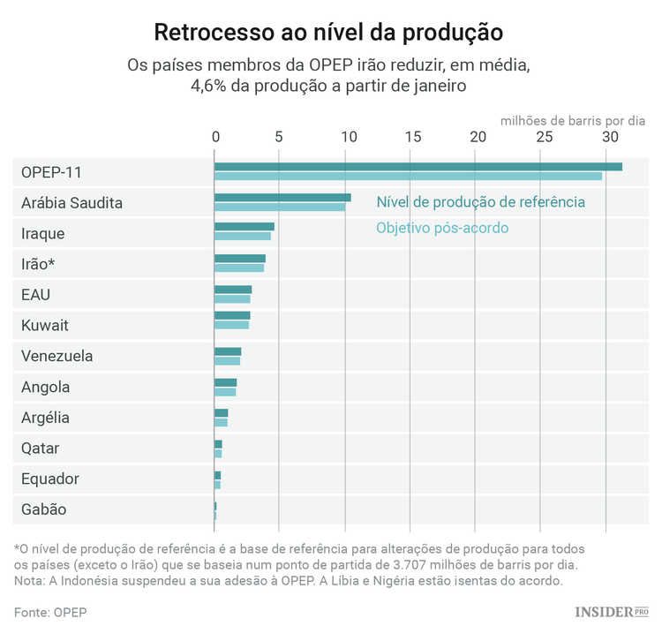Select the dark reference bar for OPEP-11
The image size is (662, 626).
(x=418, y=167)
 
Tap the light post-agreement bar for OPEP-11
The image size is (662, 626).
(x=408, y=177)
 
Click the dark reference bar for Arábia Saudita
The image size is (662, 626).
(x=282, y=198)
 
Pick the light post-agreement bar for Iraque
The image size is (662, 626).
(x=243, y=237)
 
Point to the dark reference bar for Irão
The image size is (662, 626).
(x=240, y=259)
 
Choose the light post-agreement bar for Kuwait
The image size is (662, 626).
(x=231, y=325)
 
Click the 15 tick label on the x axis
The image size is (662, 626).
(x=412, y=137)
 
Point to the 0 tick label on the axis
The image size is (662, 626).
(x=214, y=137)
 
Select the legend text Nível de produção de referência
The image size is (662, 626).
(x=480, y=202)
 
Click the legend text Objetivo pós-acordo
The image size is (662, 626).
(x=442, y=228)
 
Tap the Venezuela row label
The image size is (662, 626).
(x=56, y=357)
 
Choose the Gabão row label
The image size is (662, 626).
(x=43, y=509)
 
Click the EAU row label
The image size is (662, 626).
(x=35, y=295)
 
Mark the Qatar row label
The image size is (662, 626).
(x=40, y=449)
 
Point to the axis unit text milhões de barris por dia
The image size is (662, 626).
(x=574, y=120)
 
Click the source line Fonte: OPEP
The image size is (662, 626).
(x=50, y=612)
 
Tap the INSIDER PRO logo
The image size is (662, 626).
(x=611, y=612)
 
